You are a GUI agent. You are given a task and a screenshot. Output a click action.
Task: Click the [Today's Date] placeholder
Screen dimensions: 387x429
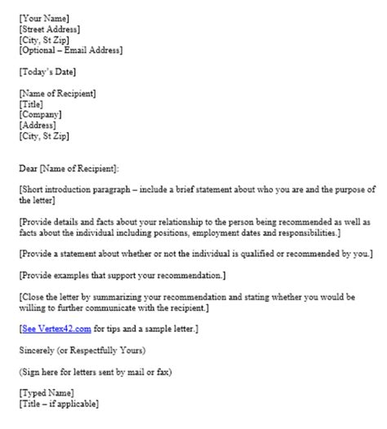(x=47, y=72)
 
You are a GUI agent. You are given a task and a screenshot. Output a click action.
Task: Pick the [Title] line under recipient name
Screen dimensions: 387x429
(x=31, y=104)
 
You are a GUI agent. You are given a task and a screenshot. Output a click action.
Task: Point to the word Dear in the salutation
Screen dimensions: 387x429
(x=27, y=168)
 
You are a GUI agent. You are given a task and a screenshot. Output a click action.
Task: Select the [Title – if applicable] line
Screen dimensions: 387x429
(x=58, y=404)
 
